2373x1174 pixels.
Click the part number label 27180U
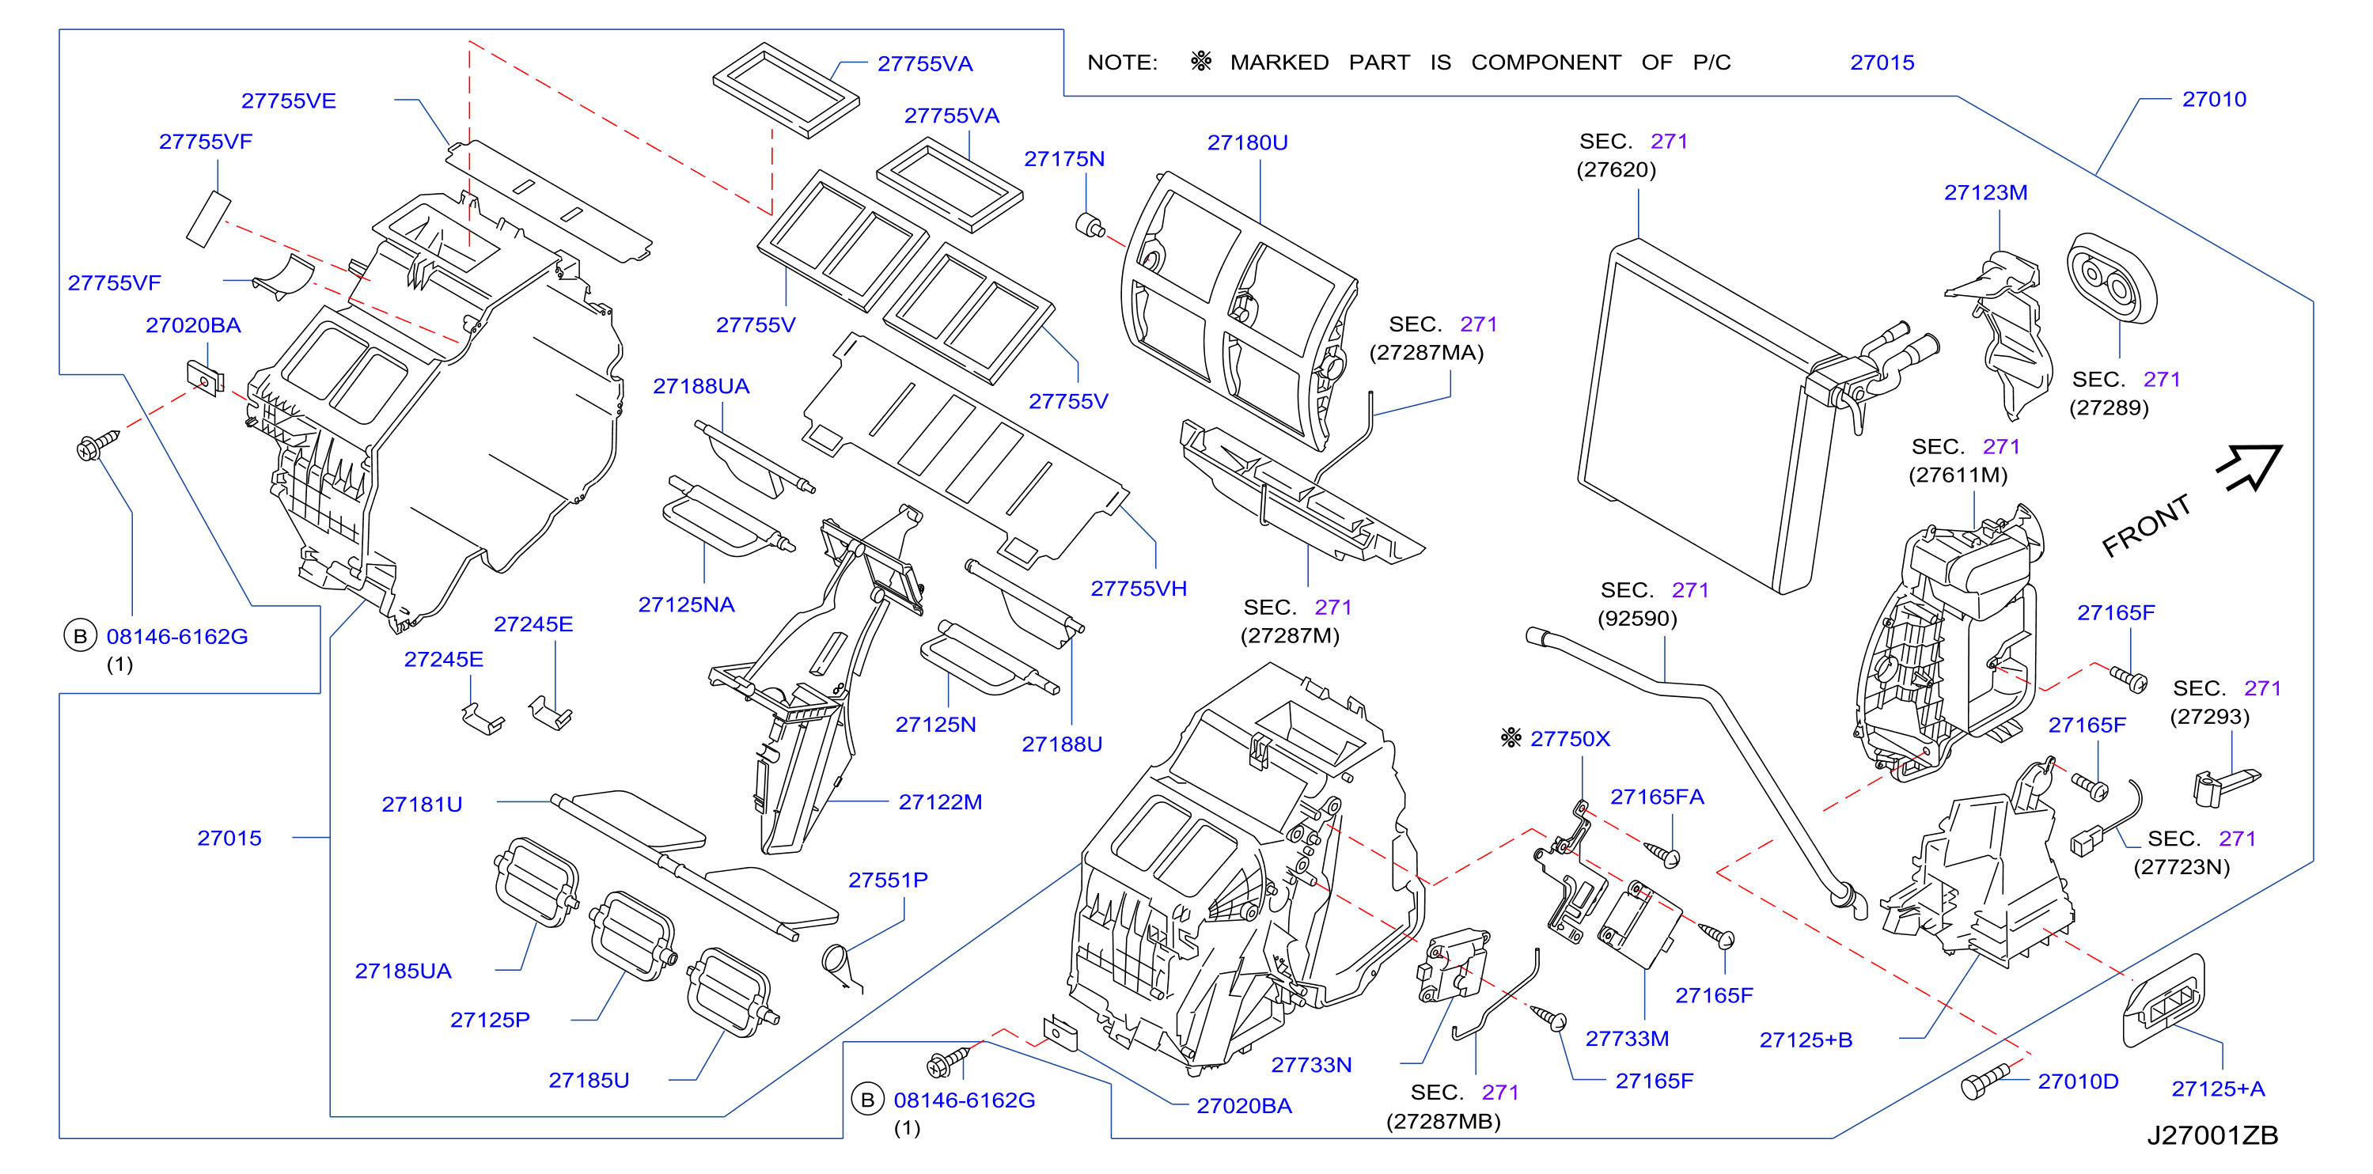pos(1247,142)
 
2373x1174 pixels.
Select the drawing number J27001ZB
pos(2212,1135)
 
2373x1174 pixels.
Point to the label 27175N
pos(1064,159)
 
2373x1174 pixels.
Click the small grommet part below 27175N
pos(1090,225)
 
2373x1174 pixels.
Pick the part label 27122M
pos(939,802)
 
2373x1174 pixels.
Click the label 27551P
pos(887,880)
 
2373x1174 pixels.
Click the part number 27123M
pos(1985,192)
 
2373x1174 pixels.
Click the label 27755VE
pos(288,101)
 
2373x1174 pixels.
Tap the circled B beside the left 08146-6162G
pos(80,635)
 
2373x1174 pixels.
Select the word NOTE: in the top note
pos(1122,62)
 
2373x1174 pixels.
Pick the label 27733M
pos(1627,1039)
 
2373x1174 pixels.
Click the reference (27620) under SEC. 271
pos(1616,169)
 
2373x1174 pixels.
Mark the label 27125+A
pos(2217,1089)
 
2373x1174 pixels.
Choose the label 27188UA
pos(701,387)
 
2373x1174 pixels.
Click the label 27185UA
pos(403,971)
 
